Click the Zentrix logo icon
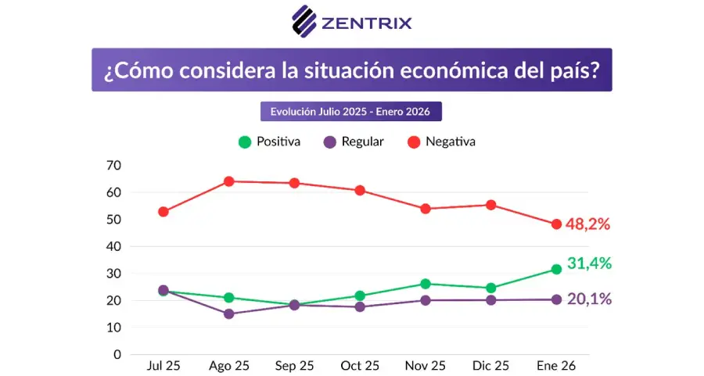pos(304,21)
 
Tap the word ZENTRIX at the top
pos(366,23)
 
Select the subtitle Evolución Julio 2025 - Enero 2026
pos(350,111)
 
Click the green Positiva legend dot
pos(245,142)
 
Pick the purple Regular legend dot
pos(330,142)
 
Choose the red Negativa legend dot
pos(414,142)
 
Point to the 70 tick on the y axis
pos(113,165)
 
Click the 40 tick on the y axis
pos(113,246)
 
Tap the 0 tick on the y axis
pos(117,354)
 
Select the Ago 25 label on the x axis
pos(229,366)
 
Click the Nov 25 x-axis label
pos(426,366)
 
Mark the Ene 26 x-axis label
pos(556,366)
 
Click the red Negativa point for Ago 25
pos(229,181)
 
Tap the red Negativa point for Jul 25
pos(163,211)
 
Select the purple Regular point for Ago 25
pos(229,313)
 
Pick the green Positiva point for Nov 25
pos(426,284)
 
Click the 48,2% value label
pos(587,224)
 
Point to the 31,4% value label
pos(590,263)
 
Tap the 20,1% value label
pos(590,299)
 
